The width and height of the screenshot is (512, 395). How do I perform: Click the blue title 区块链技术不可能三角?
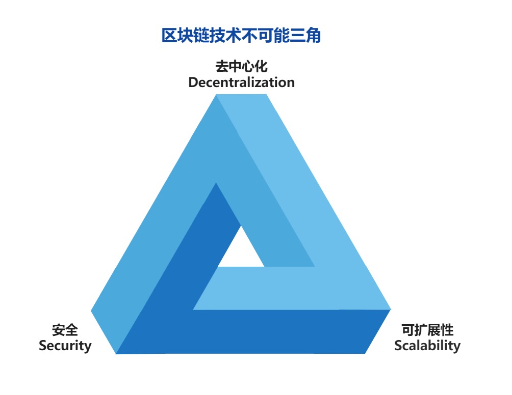tap(241, 35)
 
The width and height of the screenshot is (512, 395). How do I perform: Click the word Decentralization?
tap(242, 82)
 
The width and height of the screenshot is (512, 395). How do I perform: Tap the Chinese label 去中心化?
tap(242, 67)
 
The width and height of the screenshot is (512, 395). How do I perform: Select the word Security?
tap(65, 346)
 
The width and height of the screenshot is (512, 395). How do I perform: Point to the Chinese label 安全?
tap(65, 330)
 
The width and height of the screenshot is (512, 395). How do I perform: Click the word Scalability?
tap(427, 346)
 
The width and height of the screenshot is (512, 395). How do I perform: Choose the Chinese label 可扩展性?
tap(427, 330)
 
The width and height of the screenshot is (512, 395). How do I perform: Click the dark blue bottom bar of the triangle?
tap(248, 332)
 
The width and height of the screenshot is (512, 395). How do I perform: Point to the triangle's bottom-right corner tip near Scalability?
tap(391, 309)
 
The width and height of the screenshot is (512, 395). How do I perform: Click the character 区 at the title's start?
tap(169, 35)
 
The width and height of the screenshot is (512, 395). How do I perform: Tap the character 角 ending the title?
tap(314, 35)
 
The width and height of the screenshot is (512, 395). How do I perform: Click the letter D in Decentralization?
tap(194, 82)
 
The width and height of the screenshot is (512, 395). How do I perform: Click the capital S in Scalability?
tap(399, 346)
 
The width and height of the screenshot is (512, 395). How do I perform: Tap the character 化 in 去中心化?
tap(261, 67)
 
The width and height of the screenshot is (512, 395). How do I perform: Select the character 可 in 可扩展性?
tap(408, 330)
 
